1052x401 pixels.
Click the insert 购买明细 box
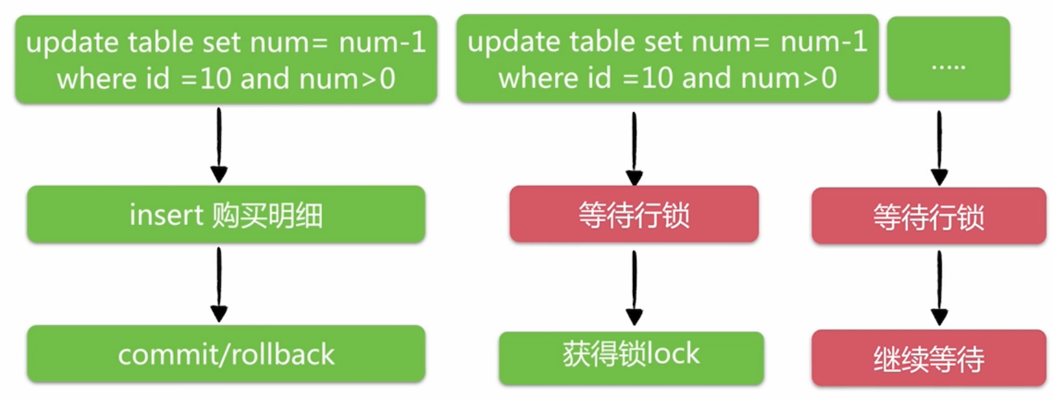pos(226,215)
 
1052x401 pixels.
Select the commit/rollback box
pos(226,354)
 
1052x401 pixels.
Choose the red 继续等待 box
pos(928,358)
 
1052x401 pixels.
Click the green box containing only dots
pos(948,59)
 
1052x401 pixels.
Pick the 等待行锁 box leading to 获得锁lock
pos(634,215)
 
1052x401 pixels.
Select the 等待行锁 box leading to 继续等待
pos(928,217)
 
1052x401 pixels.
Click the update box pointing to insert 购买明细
pos(226,60)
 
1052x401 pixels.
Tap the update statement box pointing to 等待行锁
pos(667,59)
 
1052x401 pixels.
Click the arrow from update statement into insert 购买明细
pos(219,145)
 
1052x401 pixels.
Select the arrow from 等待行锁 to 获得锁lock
pos(634,288)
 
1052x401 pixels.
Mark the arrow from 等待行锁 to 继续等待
pos(939,288)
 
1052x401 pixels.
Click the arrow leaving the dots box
pos(939,147)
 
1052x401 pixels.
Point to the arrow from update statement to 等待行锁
pos(634,148)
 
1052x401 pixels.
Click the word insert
pos(166,215)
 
